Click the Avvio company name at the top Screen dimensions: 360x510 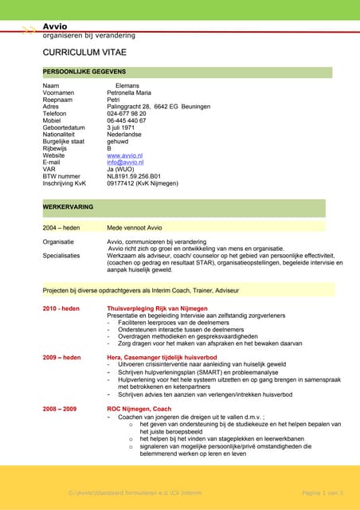point(56,26)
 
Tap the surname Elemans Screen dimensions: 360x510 point(127,85)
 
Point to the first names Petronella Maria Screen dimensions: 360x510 point(134,92)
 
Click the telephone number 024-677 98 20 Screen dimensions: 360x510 point(127,113)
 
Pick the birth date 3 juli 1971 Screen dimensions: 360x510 point(123,127)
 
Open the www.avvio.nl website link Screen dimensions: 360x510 point(124,155)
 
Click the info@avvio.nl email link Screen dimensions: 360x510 point(125,163)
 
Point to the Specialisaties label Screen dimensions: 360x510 point(61,256)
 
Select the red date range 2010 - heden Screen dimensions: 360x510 point(61,308)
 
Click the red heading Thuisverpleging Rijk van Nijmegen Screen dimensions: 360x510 point(157,308)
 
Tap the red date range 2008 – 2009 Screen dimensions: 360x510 point(60,409)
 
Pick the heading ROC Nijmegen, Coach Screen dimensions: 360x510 point(139,409)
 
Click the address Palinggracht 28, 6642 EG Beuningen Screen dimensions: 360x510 point(158,106)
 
